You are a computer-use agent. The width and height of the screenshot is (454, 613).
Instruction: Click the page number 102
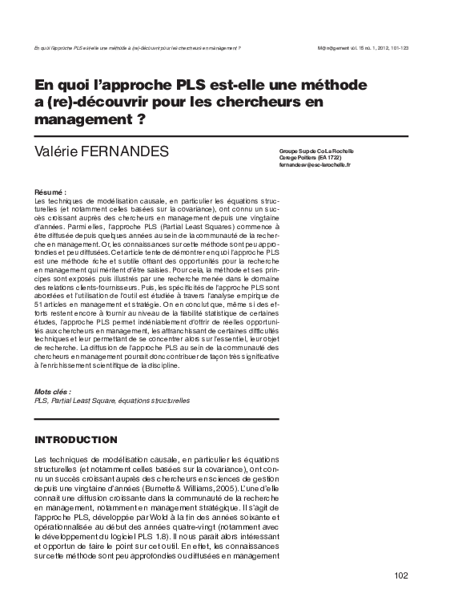tap(401, 575)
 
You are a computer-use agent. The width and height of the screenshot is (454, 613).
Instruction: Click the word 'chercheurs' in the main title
tap(259, 102)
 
